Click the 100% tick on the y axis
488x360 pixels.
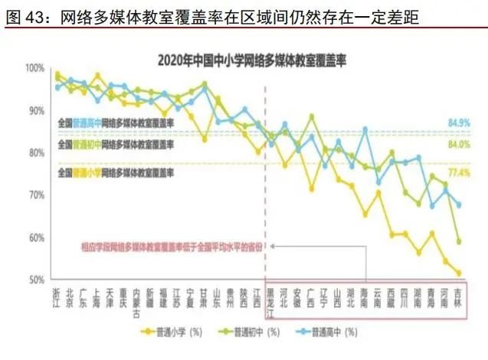point(36,68)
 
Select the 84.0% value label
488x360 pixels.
point(458,143)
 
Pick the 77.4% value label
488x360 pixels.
point(458,173)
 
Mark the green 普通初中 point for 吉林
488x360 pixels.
point(459,241)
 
